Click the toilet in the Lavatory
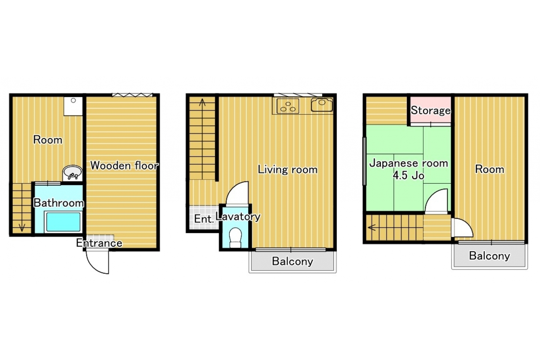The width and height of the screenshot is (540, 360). point(235,237)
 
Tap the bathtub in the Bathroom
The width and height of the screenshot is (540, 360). point(63,222)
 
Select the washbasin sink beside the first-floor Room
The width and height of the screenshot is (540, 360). point(72,173)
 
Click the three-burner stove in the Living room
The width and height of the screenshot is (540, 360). point(288,106)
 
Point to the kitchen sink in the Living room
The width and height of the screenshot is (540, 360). point(322,105)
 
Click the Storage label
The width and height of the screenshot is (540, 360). point(430,110)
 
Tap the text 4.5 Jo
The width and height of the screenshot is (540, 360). point(409,175)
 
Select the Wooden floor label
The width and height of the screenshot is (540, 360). point(124,166)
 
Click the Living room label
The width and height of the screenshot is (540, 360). point(288,169)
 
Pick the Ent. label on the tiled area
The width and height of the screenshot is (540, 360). point(204,219)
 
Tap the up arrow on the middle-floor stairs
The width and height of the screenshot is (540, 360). point(202,102)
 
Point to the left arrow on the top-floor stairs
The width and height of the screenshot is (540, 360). point(372,227)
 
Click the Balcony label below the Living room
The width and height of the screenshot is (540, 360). point(292,261)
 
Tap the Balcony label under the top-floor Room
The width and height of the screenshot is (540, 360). point(489,256)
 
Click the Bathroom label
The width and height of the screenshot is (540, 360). point(58,203)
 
